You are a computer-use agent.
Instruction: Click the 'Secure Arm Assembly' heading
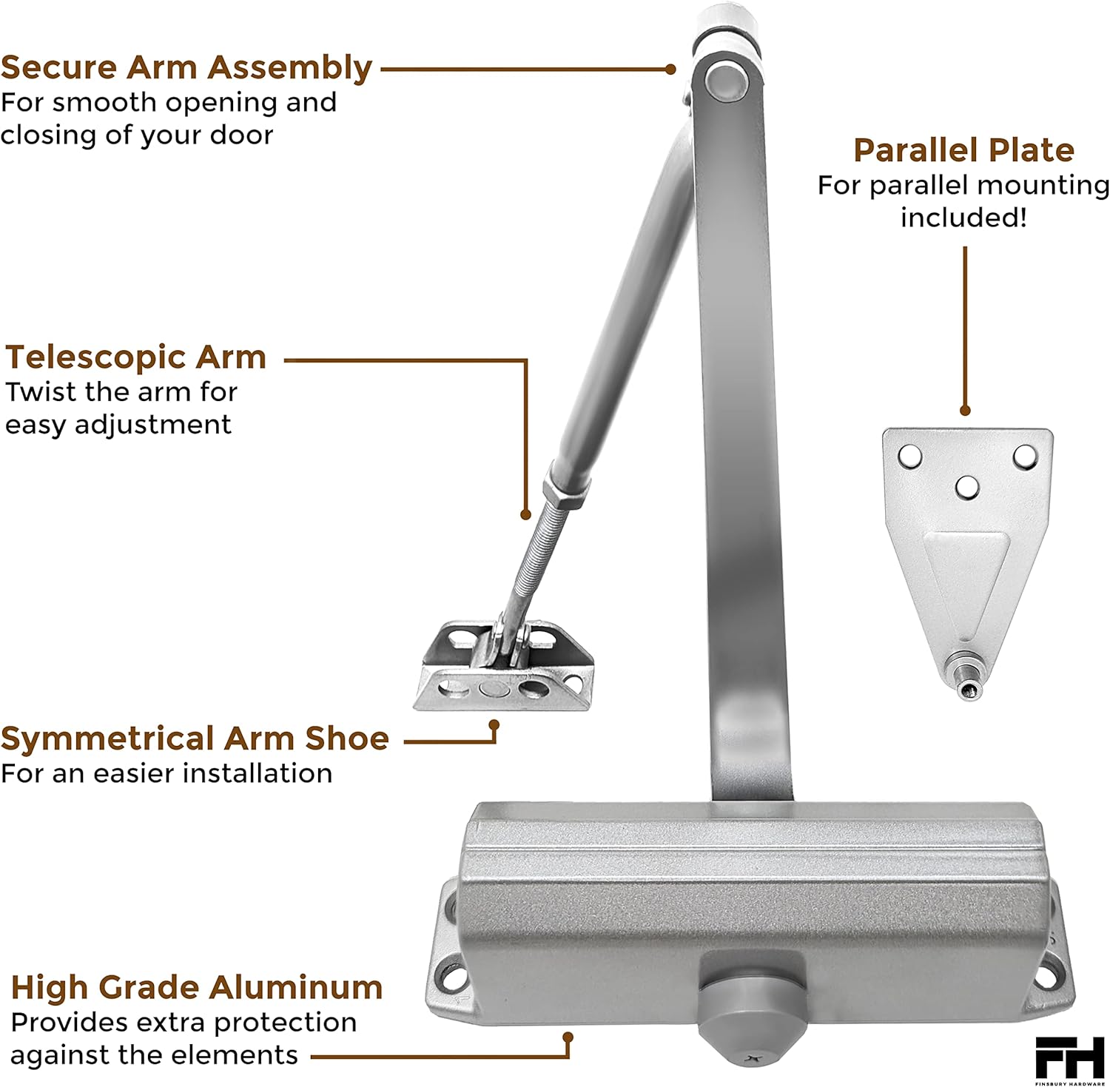coord(186,67)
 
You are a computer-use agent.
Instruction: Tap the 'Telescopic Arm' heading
coord(136,357)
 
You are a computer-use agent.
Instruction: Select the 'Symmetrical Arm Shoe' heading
coord(195,738)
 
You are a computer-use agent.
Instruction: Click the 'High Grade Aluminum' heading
coord(197,988)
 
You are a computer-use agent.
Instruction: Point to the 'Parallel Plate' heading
coord(963,150)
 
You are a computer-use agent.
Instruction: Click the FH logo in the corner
coord(1070,1058)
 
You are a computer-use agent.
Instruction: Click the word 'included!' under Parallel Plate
coord(963,218)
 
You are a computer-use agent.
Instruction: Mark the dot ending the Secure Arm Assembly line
coord(670,69)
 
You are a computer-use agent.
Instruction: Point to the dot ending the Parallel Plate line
coord(965,411)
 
